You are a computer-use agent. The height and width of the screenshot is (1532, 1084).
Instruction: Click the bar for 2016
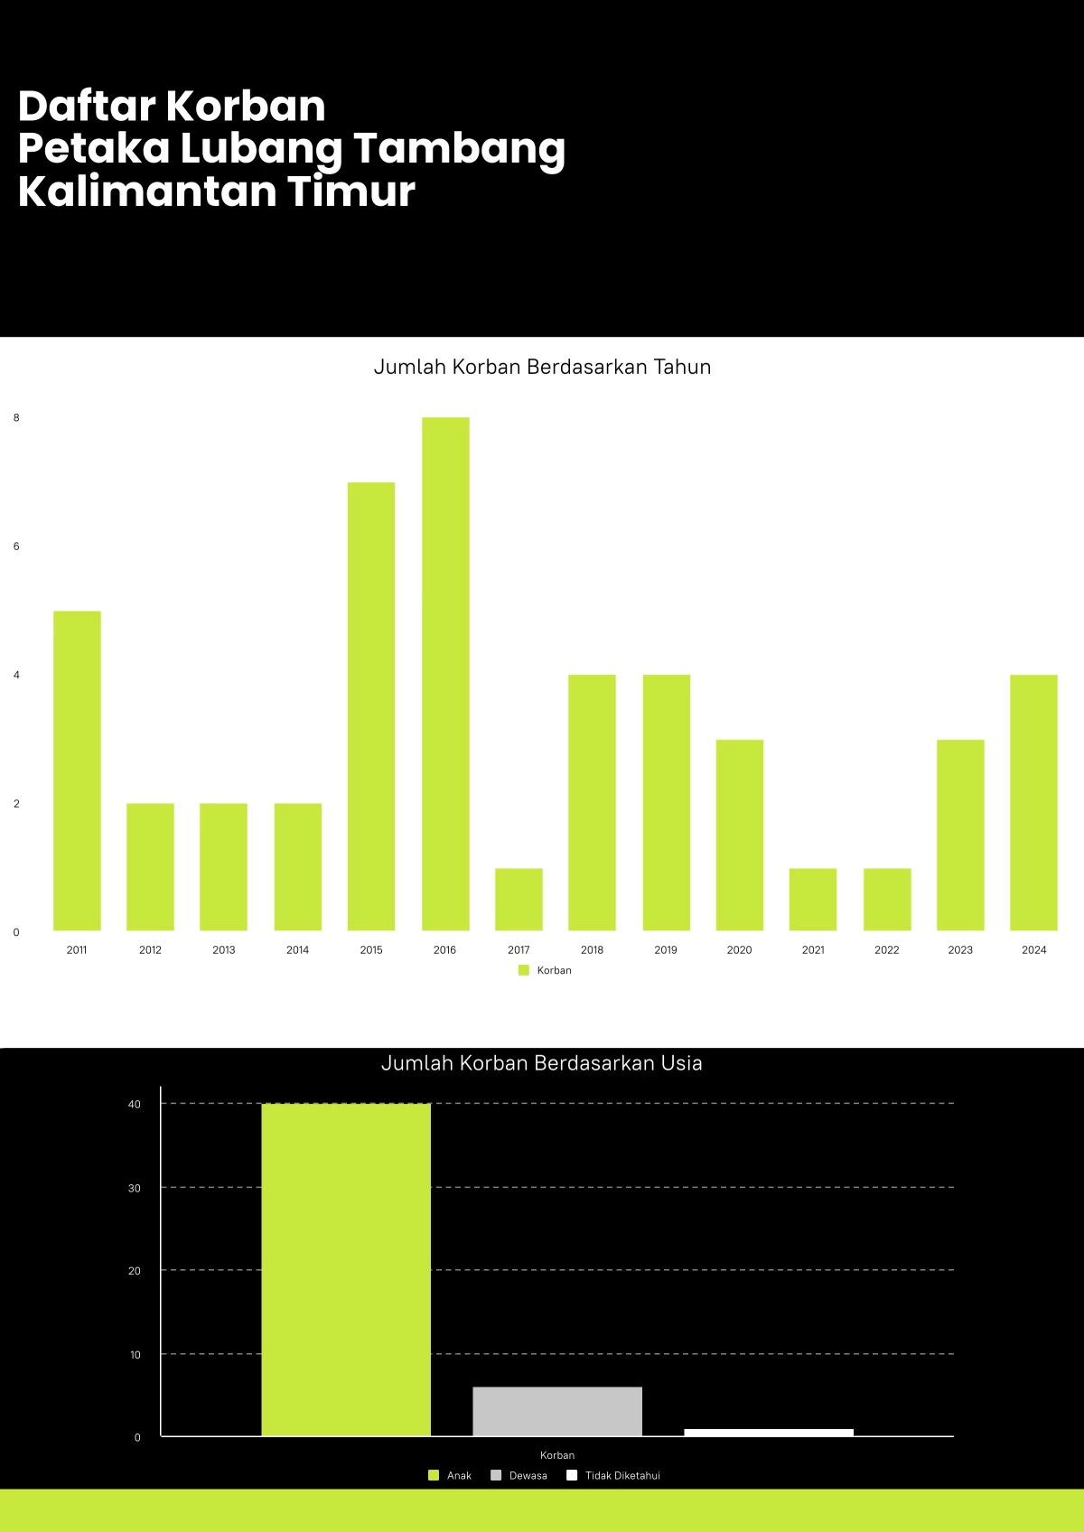point(445,674)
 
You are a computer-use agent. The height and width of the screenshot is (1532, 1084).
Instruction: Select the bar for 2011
point(77,771)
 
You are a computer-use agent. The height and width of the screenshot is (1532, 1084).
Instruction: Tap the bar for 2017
point(519,899)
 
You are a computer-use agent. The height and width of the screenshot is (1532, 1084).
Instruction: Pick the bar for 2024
point(1033,802)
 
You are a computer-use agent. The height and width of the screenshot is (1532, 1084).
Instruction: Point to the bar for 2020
point(740,835)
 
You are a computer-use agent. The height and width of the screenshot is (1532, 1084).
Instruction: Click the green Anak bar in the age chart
point(346,1269)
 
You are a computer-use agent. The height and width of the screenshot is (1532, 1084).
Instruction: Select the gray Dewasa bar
point(557,1411)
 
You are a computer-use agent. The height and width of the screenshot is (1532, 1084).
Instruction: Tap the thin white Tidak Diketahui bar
point(769,1432)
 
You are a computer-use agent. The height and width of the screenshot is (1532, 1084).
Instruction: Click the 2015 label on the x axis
point(371,949)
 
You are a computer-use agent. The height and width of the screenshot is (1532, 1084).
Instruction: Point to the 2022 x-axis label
point(887,949)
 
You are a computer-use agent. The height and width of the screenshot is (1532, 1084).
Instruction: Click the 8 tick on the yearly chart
point(16,417)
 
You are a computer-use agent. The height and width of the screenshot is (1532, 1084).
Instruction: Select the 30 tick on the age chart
point(135,1188)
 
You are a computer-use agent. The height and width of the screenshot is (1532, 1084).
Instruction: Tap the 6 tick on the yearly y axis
point(16,546)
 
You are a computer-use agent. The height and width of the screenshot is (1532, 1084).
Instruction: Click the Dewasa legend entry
point(519,1475)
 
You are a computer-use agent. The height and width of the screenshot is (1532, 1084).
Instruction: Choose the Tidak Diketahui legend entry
point(614,1475)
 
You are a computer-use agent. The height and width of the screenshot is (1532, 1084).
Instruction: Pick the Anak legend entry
point(450,1475)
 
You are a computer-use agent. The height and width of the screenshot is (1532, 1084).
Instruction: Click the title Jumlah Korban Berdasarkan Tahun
point(542,367)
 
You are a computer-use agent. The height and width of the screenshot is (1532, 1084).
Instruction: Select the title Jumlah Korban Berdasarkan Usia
point(542,1062)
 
